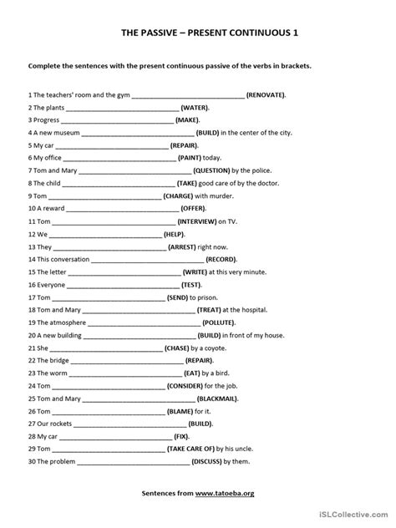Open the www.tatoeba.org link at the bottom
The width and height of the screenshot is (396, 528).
click(225, 493)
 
